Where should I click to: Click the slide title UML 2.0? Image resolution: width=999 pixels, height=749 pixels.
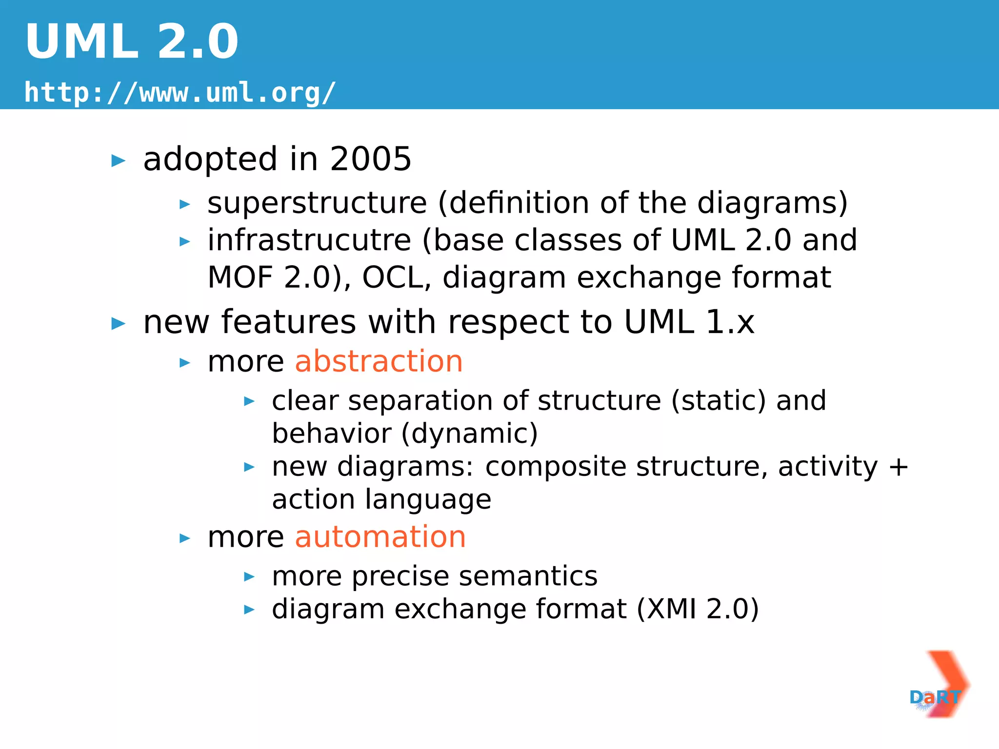coord(132,42)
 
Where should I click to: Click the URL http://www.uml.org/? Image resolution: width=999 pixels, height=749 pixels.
coord(180,92)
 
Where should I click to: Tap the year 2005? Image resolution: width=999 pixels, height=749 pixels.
coord(370,159)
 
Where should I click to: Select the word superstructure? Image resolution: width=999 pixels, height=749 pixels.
coord(317,203)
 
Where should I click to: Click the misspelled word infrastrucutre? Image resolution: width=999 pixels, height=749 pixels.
coord(309,240)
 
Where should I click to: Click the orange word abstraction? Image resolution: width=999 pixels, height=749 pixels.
coord(379,361)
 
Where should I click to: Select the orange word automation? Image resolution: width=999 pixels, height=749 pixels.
coord(380,537)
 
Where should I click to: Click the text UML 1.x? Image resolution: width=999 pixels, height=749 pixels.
coord(689,322)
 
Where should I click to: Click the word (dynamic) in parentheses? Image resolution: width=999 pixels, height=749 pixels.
coord(469,434)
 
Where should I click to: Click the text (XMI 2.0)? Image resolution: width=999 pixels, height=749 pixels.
coord(698,609)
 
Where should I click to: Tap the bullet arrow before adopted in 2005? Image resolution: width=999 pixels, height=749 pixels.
coord(119,160)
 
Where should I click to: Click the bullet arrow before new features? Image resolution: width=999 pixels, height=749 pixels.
coord(119,323)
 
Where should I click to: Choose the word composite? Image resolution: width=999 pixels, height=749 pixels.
coord(556,467)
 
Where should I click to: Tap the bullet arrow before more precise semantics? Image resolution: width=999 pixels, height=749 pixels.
coord(249,577)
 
